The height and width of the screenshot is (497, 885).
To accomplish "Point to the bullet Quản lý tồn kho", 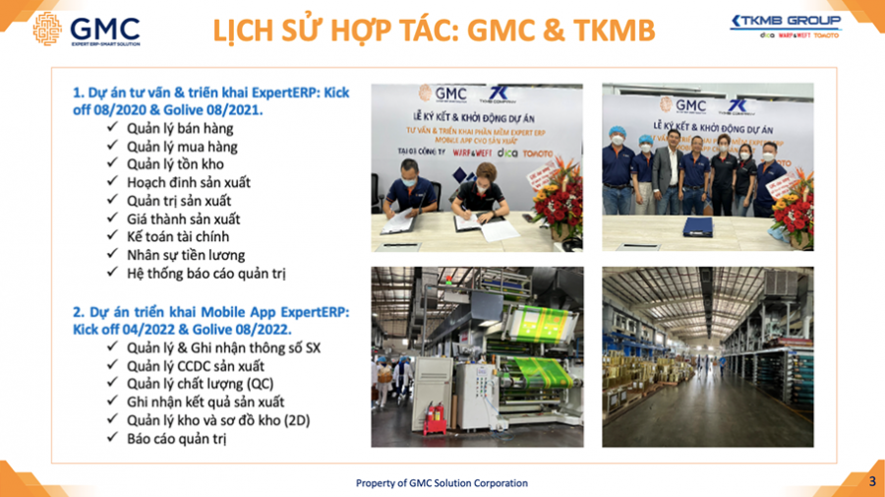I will [x=175, y=164].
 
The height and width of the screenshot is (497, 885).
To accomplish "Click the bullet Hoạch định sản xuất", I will [x=189, y=182].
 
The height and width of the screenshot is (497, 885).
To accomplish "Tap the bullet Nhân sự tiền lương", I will [x=186, y=255].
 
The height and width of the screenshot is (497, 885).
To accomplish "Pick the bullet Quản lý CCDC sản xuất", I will [x=196, y=365].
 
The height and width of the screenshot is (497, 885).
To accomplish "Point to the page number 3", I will [x=871, y=481].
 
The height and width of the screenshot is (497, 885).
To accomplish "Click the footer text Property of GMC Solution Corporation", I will [x=442, y=483].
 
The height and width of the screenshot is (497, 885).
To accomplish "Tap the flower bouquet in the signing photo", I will [x=559, y=201].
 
